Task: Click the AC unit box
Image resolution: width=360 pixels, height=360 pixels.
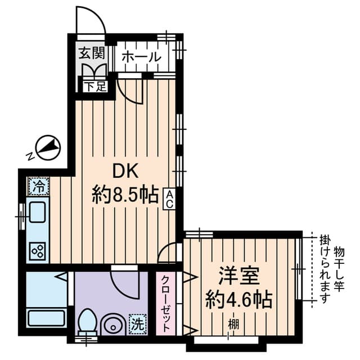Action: (169, 199)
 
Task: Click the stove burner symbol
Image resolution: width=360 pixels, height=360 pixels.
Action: (38, 250)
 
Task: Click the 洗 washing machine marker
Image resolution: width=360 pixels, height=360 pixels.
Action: (137, 325)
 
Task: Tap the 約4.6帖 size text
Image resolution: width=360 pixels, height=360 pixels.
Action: (238, 299)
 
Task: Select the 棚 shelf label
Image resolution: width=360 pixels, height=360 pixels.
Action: (232, 325)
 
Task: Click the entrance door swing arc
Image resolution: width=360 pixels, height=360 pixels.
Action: (90, 20)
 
